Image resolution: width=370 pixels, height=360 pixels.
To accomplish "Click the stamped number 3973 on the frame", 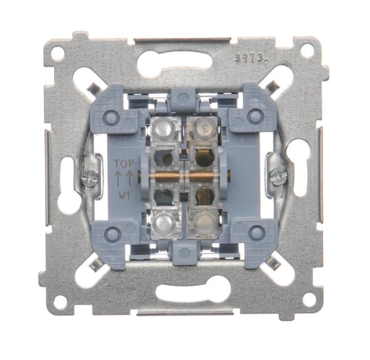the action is (251, 57).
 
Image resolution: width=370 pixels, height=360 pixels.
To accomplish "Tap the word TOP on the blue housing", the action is (124, 163).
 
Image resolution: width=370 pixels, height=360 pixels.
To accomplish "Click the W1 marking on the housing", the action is (125, 195).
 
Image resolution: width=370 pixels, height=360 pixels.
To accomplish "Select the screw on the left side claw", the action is (89, 176).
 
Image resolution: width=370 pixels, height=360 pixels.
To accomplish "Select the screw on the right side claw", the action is (279, 176).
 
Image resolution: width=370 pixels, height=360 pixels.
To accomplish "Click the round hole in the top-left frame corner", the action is (58, 54).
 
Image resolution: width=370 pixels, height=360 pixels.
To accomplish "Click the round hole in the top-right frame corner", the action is (307, 50).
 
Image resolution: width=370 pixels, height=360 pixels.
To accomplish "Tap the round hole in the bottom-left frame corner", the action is (60, 301).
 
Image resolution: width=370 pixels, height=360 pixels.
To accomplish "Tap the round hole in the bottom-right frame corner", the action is (309, 300).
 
